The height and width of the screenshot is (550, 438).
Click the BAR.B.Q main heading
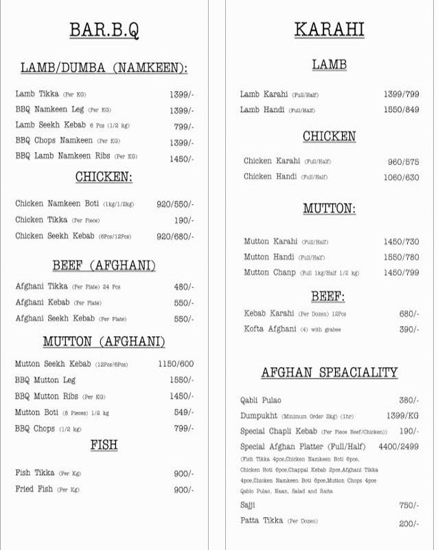tap(104, 30)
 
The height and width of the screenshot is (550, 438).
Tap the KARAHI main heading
tap(329, 30)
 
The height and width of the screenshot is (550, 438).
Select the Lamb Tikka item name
tap(36, 93)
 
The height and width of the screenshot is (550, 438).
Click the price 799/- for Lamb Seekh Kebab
tap(183, 126)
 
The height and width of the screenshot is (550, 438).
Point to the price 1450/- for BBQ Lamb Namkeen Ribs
tap(181, 159)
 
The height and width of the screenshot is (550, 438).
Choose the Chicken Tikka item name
tap(41, 220)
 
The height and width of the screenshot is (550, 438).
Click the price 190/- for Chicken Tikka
tap(183, 220)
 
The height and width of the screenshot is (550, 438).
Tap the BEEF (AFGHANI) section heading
tap(104, 266)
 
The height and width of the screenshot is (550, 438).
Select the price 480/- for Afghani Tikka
tap(183, 287)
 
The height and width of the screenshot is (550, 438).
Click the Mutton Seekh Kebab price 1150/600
tap(176, 364)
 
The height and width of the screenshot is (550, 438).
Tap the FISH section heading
tap(104, 445)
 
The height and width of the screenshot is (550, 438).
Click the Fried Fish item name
tap(34, 489)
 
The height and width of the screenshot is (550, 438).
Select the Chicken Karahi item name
tap(272, 161)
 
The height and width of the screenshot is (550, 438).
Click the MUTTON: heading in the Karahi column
tap(329, 208)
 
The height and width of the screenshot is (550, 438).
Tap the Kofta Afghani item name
tap(270, 329)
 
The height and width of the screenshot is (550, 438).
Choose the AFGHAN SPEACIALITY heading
tap(329, 373)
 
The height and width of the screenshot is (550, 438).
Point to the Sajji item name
tap(248, 505)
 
